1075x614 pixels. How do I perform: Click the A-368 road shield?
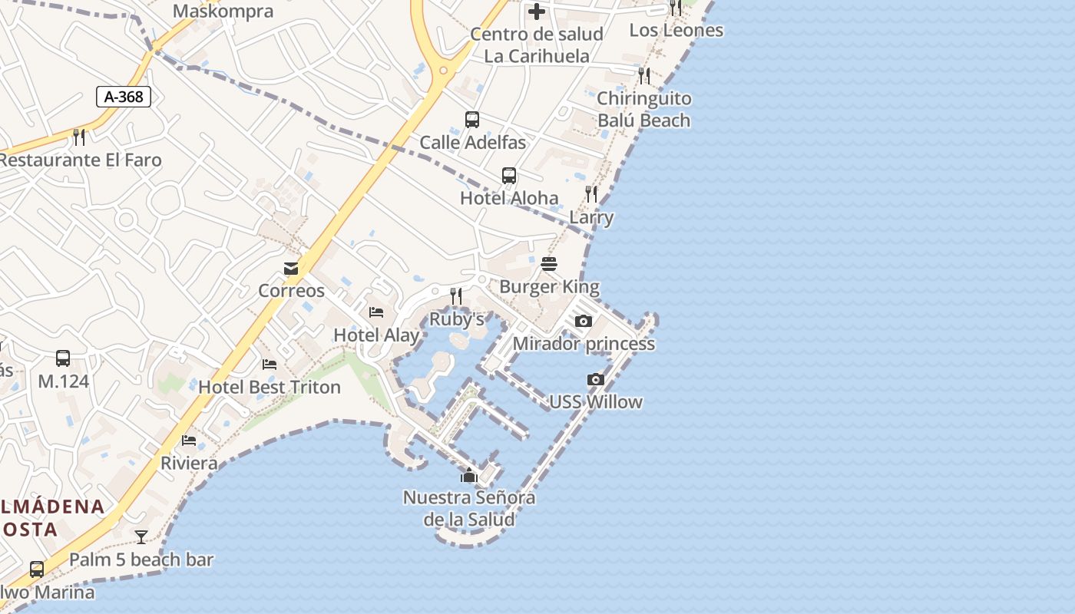pyautogui.click(x=124, y=97)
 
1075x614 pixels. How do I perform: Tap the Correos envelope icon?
pyautogui.click(x=291, y=269)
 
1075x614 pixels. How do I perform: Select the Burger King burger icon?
pyautogui.click(x=549, y=264)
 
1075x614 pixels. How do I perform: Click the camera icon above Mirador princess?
pyautogui.click(x=584, y=321)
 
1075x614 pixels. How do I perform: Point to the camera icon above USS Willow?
pyautogui.click(x=596, y=379)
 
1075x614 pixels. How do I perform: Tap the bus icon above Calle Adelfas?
pyautogui.click(x=472, y=120)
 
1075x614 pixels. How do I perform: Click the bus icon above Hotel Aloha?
pyautogui.click(x=509, y=176)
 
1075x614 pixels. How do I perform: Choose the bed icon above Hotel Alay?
pyautogui.click(x=376, y=312)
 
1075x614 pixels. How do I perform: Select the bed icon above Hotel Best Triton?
pyautogui.click(x=270, y=364)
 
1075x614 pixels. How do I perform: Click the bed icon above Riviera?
pyautogui.click(x=189, y=441)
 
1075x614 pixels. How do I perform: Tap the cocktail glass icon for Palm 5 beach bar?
pyautogui.click(x=141, y=537)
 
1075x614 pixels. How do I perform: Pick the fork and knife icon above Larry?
pyautogui.click(x=591, y=194)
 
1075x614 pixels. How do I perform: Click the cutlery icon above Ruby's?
pyautogui.click(x=456, y=295)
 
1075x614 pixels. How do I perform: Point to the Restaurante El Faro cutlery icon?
pyautogui.click(x=79, y=137)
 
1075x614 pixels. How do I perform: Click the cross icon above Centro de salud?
pyautogui.click(x=537, y=12)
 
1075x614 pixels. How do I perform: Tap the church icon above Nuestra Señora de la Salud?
pyautogui.click(x=469, y=475)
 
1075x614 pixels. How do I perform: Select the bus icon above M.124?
pyautogui.click(x=63, y=358)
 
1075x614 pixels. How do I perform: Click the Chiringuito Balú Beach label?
pyautogui.click(x=644, y=109)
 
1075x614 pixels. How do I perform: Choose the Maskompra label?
pyautogui.click(x=223, y=11)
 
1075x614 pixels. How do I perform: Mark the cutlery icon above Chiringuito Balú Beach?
pyautogui.click(x=644, y=75)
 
